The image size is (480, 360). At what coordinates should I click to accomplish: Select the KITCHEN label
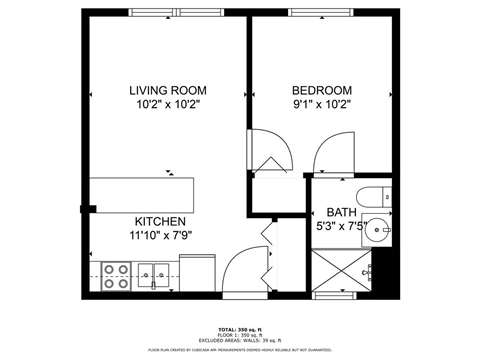(160, 221)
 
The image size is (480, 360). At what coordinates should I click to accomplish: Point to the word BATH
(341, 213)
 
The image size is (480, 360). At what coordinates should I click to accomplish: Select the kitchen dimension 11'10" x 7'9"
(160, 236)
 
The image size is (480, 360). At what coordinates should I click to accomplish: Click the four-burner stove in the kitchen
(116, 274)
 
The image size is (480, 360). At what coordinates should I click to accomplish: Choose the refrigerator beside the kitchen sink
(198, 272)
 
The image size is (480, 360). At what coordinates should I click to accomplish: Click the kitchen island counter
(139, 191)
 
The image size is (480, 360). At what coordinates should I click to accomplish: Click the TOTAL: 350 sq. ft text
(240, 329)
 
